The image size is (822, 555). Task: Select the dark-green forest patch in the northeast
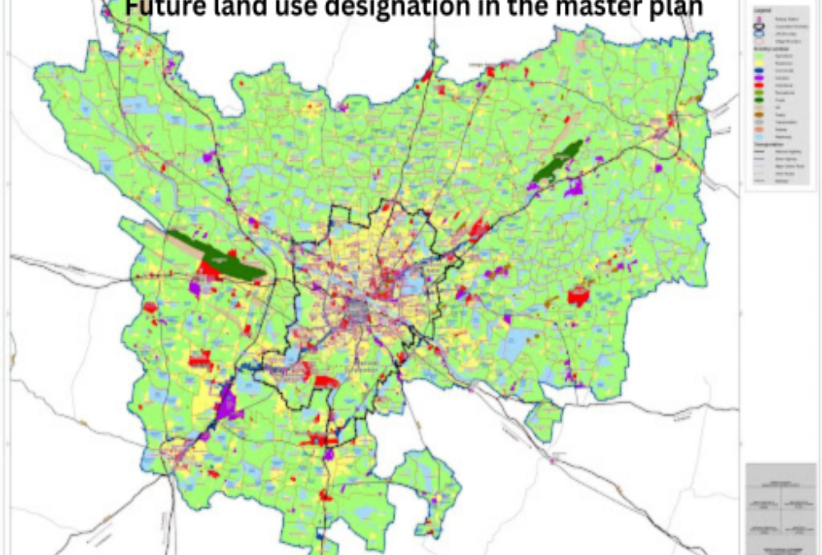[x=557, y=160]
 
